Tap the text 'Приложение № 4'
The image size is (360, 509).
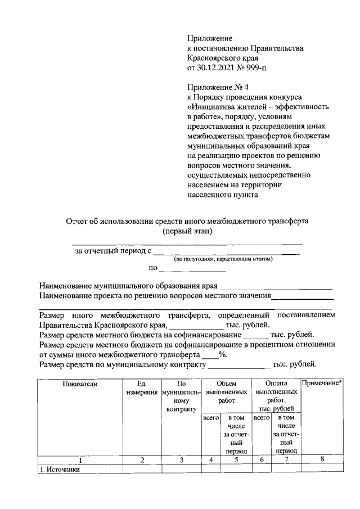tap(215, 87)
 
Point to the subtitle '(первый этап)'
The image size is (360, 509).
tap(187, 231)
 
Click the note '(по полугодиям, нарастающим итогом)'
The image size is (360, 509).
tap(223, 259)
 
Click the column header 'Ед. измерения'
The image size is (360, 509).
tap(142, 388)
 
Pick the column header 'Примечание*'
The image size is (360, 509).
tap(322, 384)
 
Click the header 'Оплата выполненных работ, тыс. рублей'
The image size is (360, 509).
tap(277, 396)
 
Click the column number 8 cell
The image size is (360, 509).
tap(322, 460)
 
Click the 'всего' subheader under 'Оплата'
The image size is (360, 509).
tap(261, 418)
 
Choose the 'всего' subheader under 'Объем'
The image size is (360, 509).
tap(210, 418)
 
